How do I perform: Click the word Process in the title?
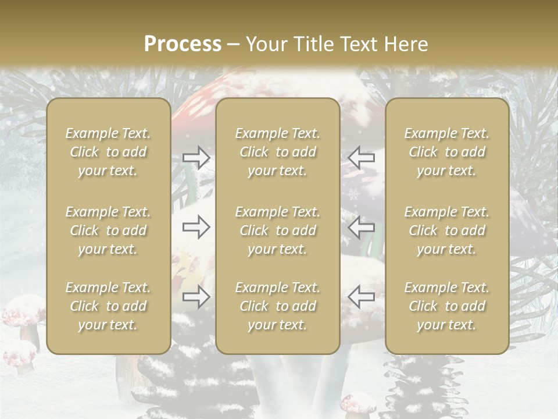(x=183, y=44)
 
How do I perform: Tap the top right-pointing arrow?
(x=196, y=158)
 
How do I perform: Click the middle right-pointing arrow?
(x=196, y=227)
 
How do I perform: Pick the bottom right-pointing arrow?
(x=196, y=297)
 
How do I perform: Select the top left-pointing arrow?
(x=362, y=158)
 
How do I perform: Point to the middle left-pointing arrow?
(x=362, y=227)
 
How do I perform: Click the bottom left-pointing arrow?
(x=362, y=297)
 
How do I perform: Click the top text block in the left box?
(x=108, y=152)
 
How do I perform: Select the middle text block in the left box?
(x=108, y=230)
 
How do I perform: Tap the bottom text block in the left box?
(x=108, y=306)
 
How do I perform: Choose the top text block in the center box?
(x=277, y=152)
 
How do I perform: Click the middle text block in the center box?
(x=277, y=230)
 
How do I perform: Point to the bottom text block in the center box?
(x=277, y=306)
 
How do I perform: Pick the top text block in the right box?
(x=446, y=152)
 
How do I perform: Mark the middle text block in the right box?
(x=446, y=230)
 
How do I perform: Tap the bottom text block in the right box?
(x=446, y=306)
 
